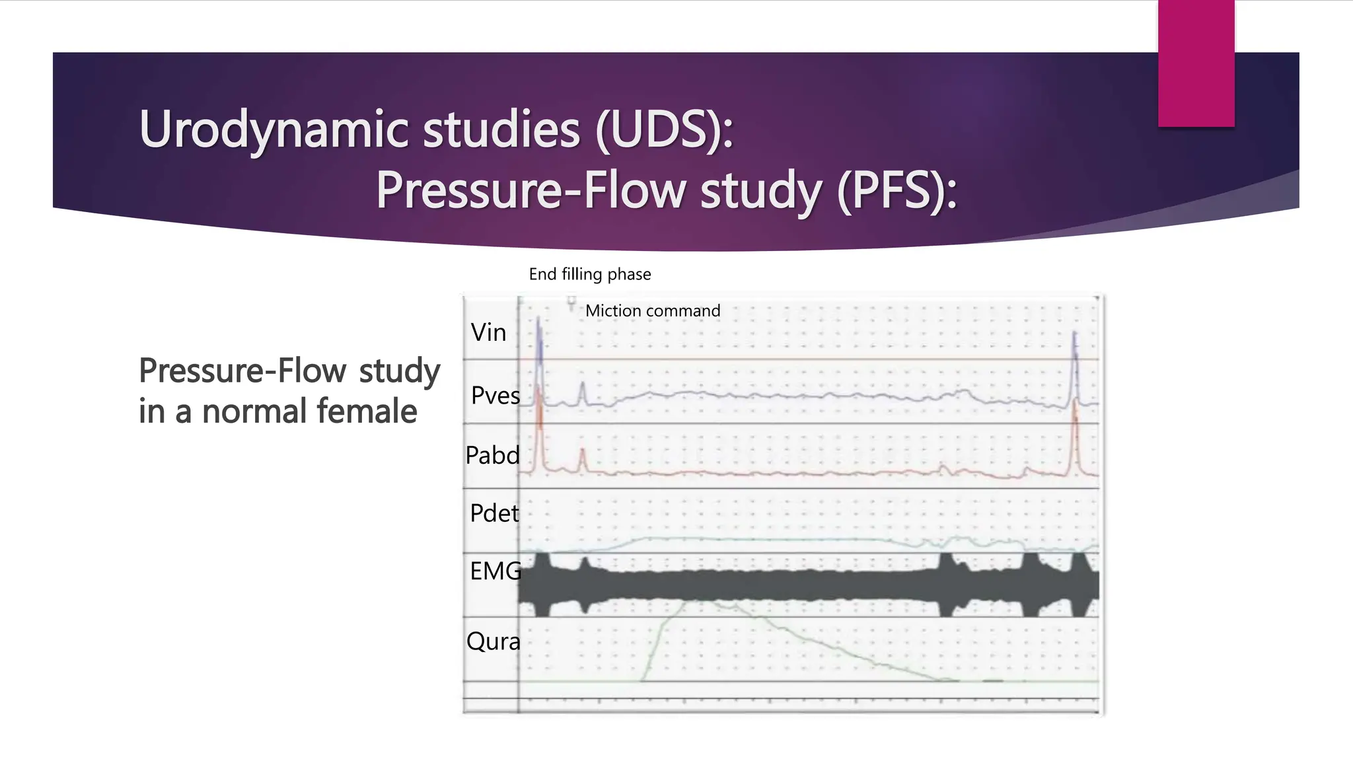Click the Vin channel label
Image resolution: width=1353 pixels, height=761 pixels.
(488, 332)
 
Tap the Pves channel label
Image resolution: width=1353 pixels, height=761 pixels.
(495, 396)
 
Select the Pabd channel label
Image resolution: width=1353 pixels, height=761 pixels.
(492, 456)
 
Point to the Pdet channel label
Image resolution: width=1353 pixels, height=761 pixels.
(494, 513)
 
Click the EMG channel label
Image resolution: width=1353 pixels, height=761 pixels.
(495, 571)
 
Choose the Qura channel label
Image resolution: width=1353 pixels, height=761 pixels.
(493, 641)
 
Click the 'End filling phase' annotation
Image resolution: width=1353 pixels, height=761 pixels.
(589, 274)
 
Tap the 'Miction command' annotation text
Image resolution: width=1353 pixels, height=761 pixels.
(652, 310)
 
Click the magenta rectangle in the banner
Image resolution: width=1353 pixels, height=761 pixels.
(1196, 63)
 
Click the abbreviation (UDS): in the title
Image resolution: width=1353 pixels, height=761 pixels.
(664, 129)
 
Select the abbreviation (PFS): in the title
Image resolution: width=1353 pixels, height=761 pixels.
(896, 190)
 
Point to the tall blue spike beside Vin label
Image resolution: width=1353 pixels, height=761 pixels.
(539, 340)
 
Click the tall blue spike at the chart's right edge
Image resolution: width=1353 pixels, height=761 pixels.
(1075, 357)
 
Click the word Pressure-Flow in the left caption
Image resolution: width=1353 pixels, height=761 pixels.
(242, 371)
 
